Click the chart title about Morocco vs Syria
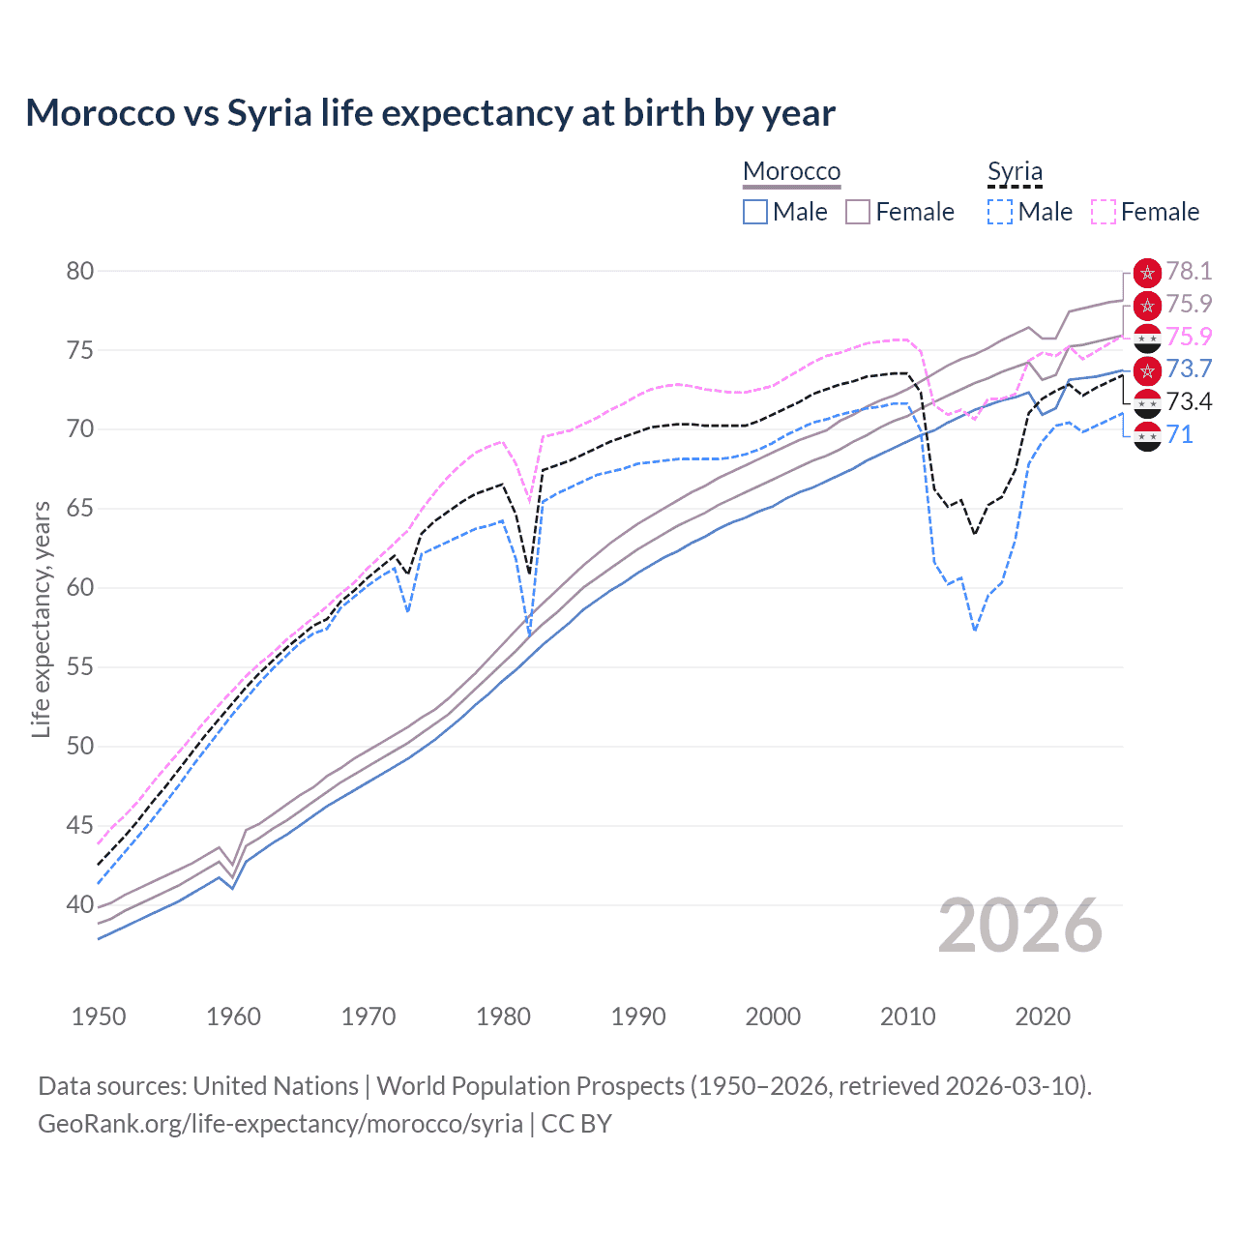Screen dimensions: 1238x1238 tap(430, 113)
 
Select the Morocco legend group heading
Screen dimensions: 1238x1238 tap(791, 171)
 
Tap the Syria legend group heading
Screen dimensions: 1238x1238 tap(1015, 171)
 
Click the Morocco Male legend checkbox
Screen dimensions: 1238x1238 tap(755, 212)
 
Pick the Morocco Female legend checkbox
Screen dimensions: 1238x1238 tap(858, 212)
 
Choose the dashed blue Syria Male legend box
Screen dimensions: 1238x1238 tap(1000, 212)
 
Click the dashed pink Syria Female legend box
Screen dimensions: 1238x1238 tap(1104, 212)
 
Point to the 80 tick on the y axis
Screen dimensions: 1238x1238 tap(80, 271)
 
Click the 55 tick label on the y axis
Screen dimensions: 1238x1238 tap(80, 666)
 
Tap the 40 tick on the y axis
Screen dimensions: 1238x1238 tap(80, 904)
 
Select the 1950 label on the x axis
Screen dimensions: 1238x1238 tap(99, 1017)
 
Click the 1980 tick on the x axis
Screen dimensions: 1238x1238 tap(503, 1017)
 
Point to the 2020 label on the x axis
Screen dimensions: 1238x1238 tap(1043, 1017)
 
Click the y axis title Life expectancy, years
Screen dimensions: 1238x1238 tap(41, 619)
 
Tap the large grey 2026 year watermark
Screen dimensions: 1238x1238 tap(1020, 926)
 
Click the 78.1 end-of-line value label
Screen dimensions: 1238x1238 tap(1189, 271)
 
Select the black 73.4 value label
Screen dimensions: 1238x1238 tap(1189, 401)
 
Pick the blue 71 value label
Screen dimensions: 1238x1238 tap(1179, 434)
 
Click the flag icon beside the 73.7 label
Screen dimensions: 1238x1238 tap(1147, 369)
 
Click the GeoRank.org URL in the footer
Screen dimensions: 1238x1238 tap(280, 1124)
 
